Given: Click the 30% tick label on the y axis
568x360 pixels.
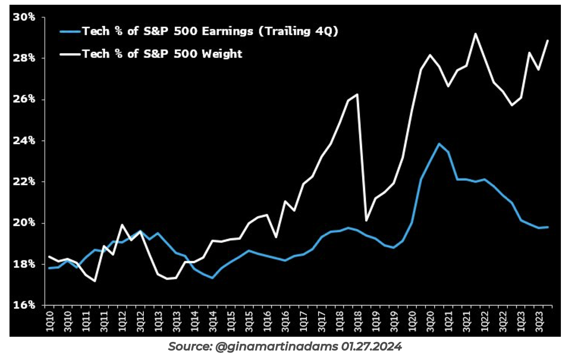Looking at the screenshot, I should coord(25,17).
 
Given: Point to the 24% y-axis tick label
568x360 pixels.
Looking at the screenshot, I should coord(25,141).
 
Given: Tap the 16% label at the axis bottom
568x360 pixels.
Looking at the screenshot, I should coord(25,305).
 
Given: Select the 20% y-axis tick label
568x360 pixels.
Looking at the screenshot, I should coord(25,223).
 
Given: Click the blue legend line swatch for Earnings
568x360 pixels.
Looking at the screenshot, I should coord(70,32).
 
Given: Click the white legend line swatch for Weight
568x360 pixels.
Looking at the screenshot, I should coord(70,54).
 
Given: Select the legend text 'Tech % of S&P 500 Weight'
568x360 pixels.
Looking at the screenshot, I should coord(162,54).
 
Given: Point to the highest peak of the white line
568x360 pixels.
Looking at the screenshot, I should coord(475,34).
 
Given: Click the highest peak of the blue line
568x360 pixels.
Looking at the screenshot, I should coord(439,143).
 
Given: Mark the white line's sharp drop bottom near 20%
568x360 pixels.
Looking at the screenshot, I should coord(367,220).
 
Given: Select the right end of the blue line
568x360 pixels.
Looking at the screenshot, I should coord(548,227).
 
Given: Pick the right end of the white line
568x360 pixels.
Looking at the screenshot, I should coord(548,40).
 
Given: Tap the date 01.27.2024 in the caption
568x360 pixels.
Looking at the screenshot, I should coord(371,347).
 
